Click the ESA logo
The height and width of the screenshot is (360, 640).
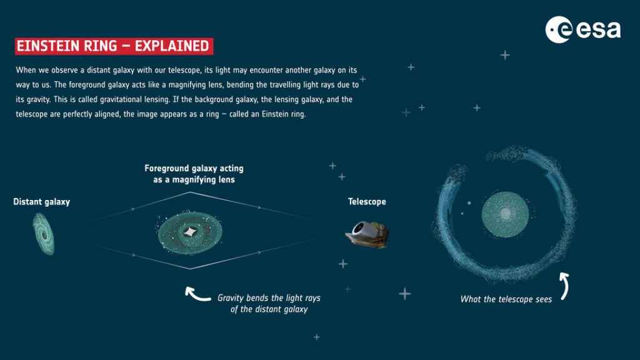(x=582, y=29)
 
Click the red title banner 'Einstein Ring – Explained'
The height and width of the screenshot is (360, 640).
(x=114, y=46)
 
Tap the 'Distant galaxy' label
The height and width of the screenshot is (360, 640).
(x=42, y=202)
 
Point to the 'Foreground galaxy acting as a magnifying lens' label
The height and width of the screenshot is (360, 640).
(x=194, y=174)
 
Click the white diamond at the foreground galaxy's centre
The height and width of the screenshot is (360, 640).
(x=189, y=233)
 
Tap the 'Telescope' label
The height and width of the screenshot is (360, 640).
(x=367, y=202)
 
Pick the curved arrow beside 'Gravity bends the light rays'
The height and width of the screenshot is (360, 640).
(x=197, y=292)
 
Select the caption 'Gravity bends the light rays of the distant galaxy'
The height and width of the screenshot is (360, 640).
(x=269, y=304)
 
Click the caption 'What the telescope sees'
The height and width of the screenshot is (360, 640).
(x=506, y=299)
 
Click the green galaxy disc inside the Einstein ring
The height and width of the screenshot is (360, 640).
(x=505, y=216)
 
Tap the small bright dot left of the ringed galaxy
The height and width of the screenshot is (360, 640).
(x=469, y=202)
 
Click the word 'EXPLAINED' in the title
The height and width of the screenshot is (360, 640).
(x=172, y=46)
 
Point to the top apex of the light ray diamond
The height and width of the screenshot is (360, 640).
(x=190, y=192)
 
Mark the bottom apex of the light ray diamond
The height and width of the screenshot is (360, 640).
(x=190, y=269)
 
